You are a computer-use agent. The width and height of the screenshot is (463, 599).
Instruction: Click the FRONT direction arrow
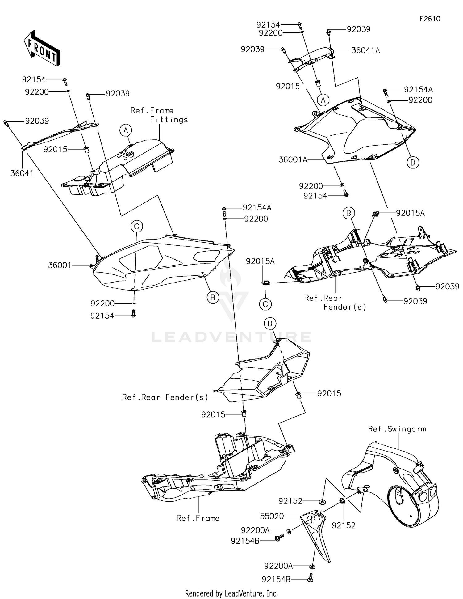point(42,48)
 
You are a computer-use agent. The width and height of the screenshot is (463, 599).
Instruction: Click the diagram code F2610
point(430,19)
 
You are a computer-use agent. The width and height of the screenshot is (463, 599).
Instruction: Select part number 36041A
point(365,50)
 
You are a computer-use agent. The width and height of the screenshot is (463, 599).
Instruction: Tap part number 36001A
point(293,160)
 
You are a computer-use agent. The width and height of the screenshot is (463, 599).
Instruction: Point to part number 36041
point(22,173)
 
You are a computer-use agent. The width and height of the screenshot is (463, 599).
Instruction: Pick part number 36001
point(60,265)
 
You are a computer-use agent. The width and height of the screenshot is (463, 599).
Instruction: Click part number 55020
point(272,516)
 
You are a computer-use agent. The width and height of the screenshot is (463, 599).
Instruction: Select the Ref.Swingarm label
point(397,429)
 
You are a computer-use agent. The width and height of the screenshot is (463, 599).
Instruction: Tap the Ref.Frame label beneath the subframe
point(198,518)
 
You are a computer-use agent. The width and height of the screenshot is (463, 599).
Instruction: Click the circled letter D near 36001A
point(413,162)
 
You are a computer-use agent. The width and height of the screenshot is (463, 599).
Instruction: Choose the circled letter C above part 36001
point(136,226)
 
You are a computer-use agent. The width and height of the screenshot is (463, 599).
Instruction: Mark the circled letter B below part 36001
point(213,297)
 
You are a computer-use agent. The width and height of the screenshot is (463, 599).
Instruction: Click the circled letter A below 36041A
point(323,100)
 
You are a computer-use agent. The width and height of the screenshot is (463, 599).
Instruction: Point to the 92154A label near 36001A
point(418,90)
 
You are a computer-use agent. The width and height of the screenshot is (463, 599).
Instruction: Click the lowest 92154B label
point(276,579)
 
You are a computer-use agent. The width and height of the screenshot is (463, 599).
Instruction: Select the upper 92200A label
point(255,530)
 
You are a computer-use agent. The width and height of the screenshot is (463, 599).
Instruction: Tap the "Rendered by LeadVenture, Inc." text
point(231,593)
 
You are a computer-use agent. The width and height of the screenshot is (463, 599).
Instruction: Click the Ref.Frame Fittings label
point(159,115)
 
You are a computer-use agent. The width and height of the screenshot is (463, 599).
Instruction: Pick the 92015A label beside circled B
point(410,213)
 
